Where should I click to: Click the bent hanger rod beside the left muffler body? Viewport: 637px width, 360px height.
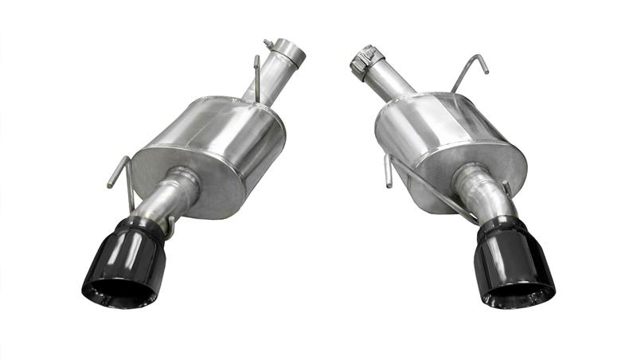pos(119,171)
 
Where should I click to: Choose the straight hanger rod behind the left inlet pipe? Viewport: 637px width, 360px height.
pos(256,76)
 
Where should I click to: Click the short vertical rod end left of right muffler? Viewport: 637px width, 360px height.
pos(387,171)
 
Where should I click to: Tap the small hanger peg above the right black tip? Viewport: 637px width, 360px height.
pos(507,190)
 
